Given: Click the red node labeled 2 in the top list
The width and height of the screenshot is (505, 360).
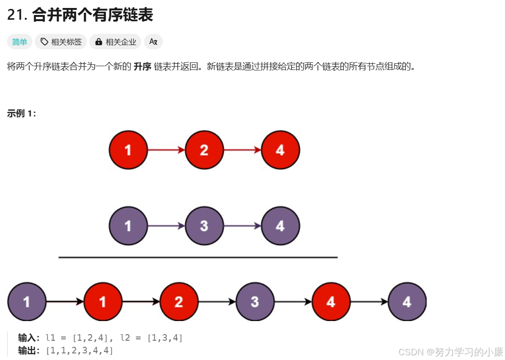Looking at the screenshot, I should click(204, 150).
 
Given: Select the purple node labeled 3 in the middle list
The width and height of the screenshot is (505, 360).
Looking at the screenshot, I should click(204, 226).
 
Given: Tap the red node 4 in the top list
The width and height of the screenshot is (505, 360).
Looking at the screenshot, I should click(280, 150).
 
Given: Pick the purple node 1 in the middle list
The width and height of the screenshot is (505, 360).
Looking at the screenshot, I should click(128, 226).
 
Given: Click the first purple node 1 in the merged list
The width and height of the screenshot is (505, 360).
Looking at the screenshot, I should click(27, 302).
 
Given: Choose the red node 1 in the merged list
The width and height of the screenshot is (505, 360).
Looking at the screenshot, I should click(103, 302).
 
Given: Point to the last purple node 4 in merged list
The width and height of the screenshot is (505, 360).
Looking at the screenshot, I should click(407, 302).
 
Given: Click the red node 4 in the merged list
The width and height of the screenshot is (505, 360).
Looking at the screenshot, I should click(331, 302).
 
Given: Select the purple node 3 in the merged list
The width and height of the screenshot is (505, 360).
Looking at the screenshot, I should click(255, 302).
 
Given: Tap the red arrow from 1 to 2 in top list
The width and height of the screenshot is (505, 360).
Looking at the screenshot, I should click(166, 150).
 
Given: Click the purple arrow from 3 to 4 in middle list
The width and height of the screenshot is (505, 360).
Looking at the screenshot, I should click(242, 226).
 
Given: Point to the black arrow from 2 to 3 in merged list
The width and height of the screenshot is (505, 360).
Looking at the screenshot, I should click(217, 302).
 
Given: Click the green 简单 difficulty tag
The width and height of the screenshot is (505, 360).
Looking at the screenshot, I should click(20, 42).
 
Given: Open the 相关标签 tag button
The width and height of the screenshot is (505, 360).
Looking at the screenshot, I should click(61, 42).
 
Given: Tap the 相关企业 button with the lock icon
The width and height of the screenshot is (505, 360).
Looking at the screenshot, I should click(115, 42).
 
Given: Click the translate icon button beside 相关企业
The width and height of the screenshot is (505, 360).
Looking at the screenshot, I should click(153, 42).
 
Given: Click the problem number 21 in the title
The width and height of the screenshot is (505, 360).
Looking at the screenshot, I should click(16, 15).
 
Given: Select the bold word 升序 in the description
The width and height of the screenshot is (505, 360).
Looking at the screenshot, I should click(142, 67).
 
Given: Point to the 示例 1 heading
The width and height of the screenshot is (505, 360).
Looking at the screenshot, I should click(22, 114).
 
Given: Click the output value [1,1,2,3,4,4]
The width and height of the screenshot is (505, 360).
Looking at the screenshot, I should click(79, 351).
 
